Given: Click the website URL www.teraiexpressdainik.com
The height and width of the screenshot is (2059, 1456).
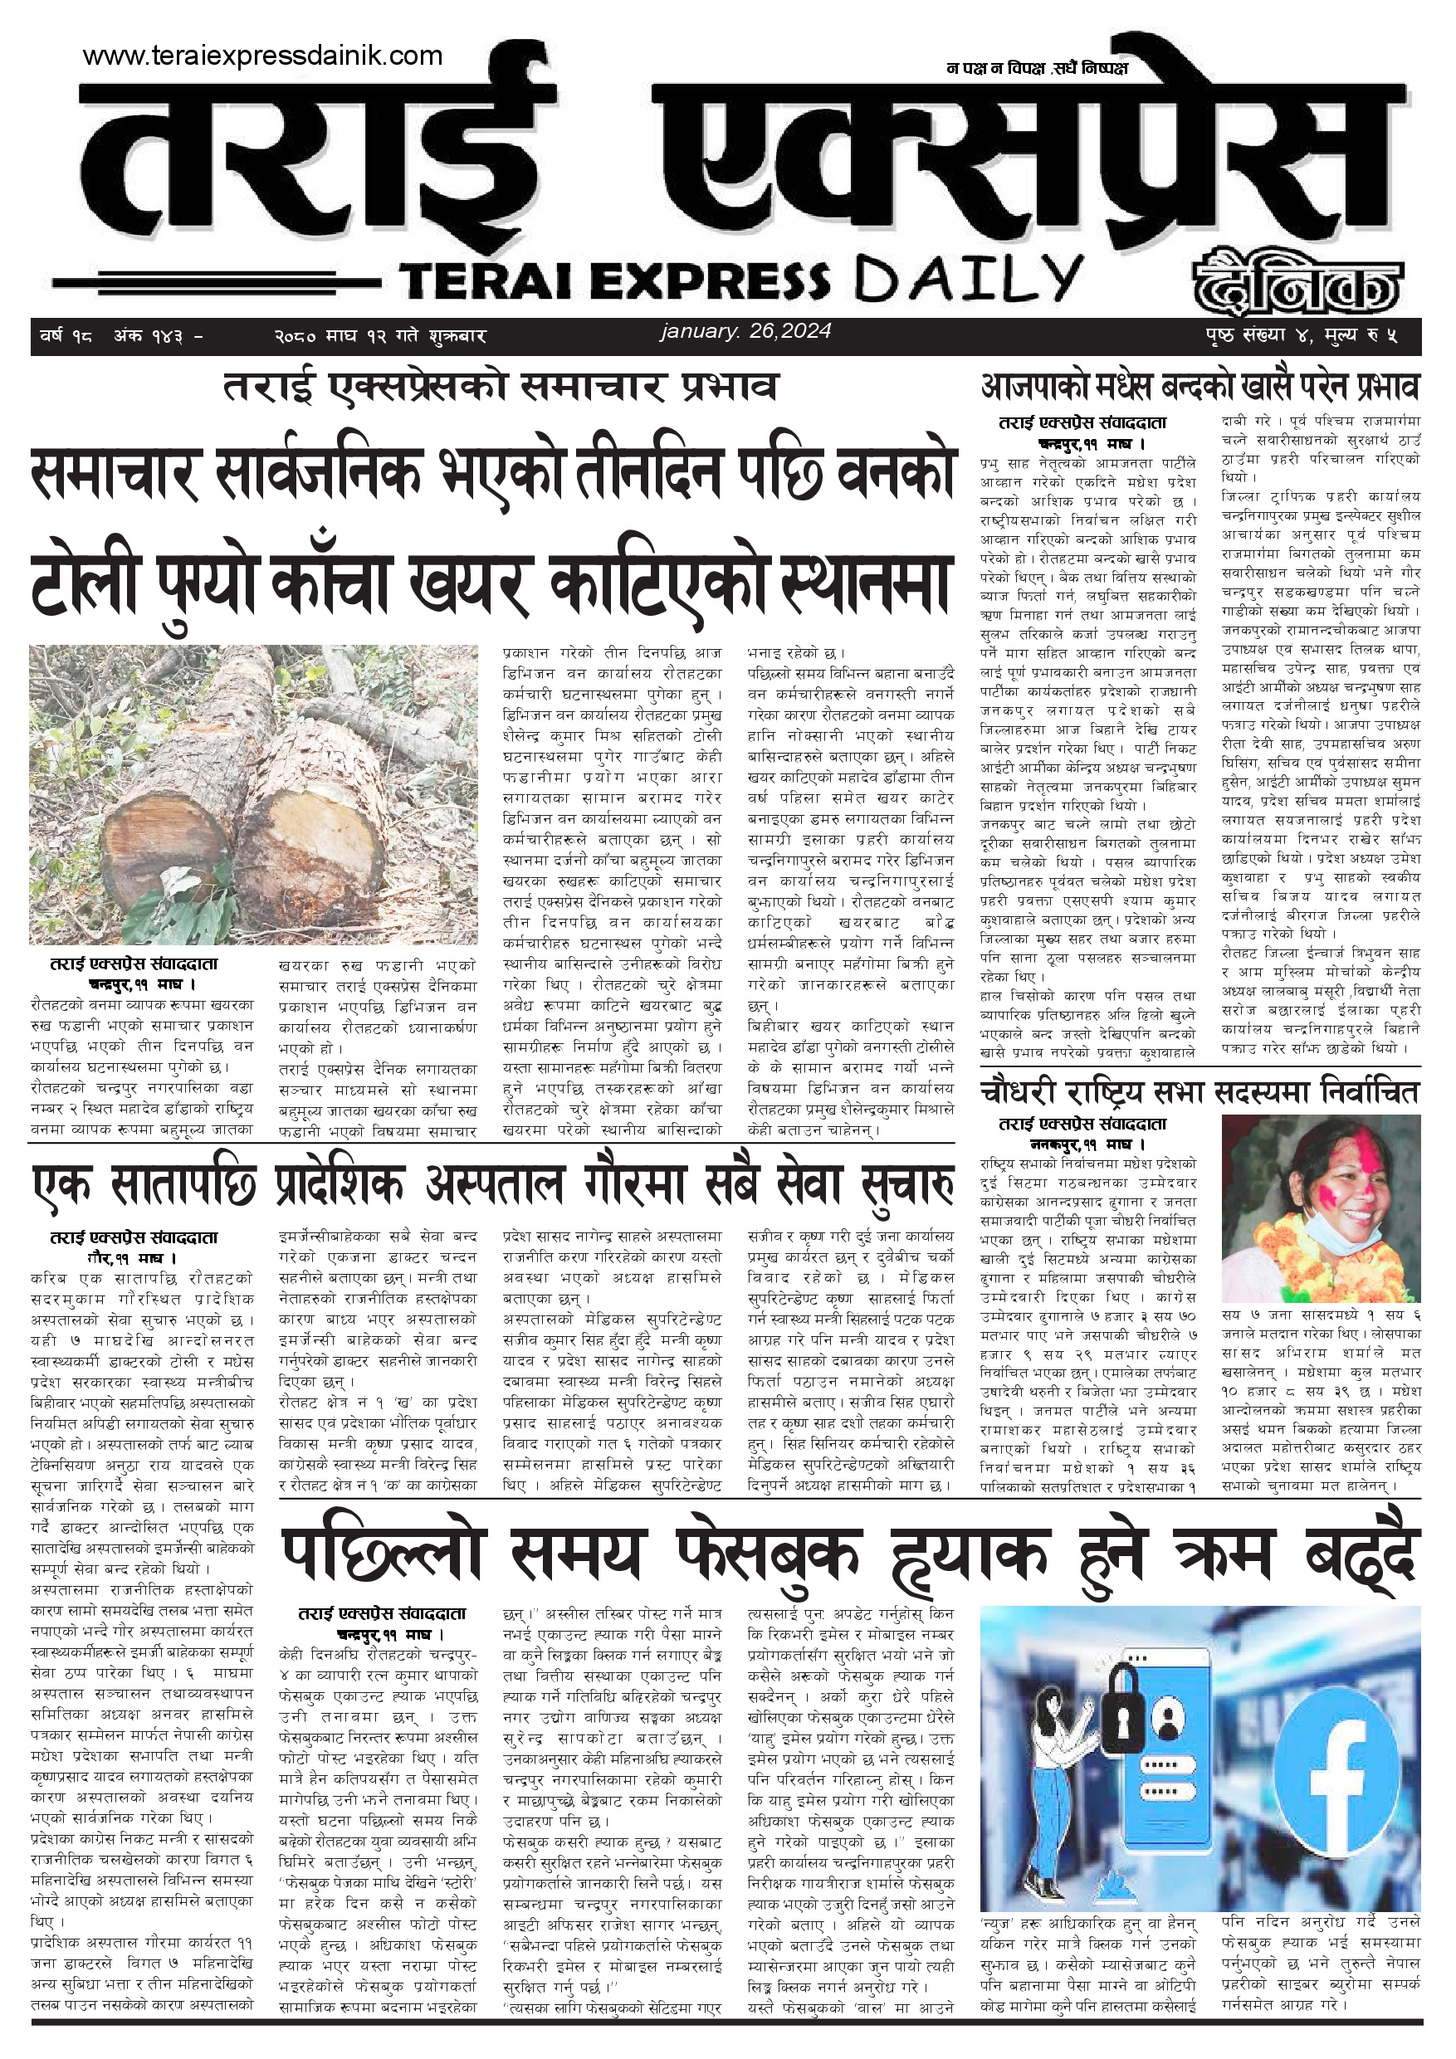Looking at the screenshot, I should click(x=262, y=56).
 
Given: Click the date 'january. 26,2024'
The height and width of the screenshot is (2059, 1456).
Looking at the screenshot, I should click(x=745, y=331).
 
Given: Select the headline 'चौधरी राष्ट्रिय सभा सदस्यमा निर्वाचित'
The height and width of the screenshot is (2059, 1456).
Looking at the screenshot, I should click(x=1199, y=1092).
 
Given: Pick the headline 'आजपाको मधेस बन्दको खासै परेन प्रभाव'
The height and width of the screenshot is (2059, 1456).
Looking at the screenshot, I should click(x=1199, y=388).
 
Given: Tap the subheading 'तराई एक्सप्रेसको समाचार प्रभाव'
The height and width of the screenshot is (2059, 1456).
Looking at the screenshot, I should click(x=500, y=388).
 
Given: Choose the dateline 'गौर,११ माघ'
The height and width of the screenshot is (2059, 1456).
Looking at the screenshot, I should click(x=132, y=1258).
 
